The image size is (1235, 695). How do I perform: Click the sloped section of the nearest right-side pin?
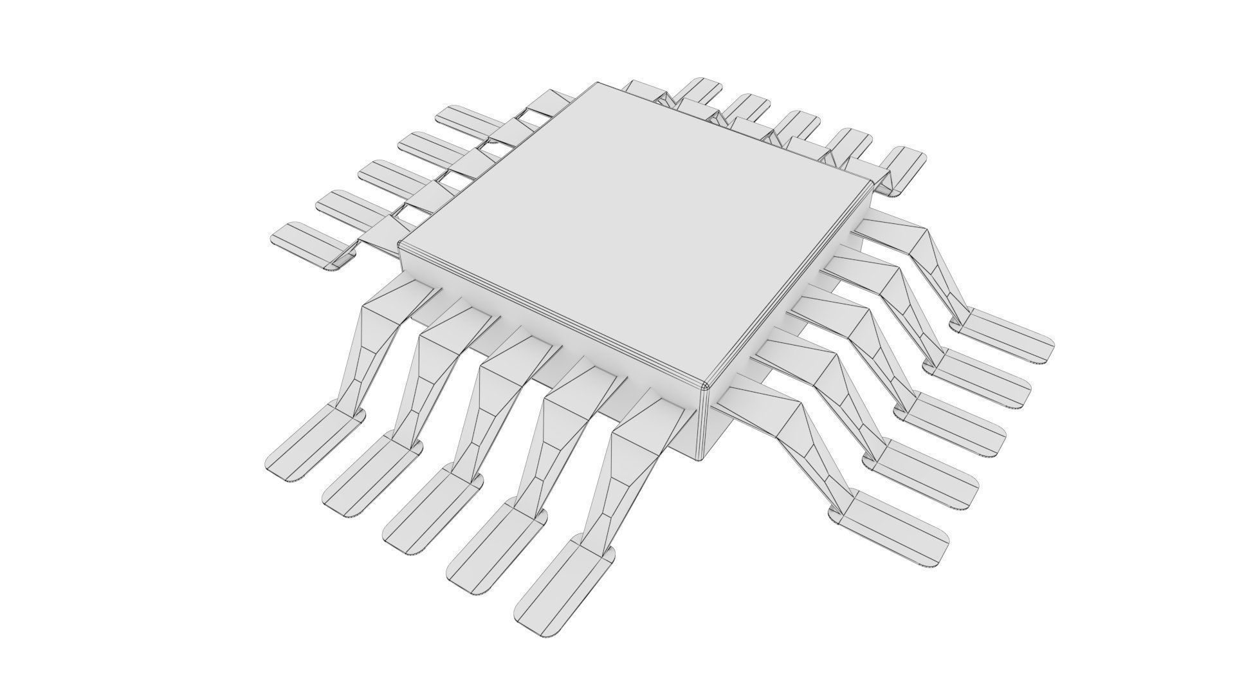point(804,438)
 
